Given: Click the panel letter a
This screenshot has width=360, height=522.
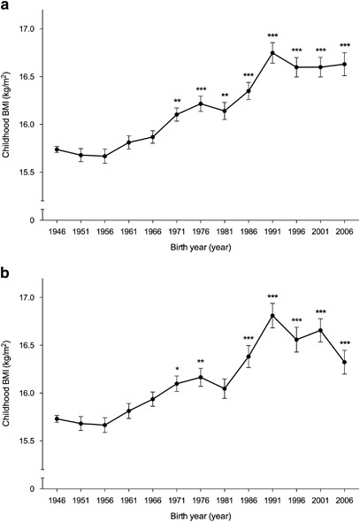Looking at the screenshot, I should coord(7,6).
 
